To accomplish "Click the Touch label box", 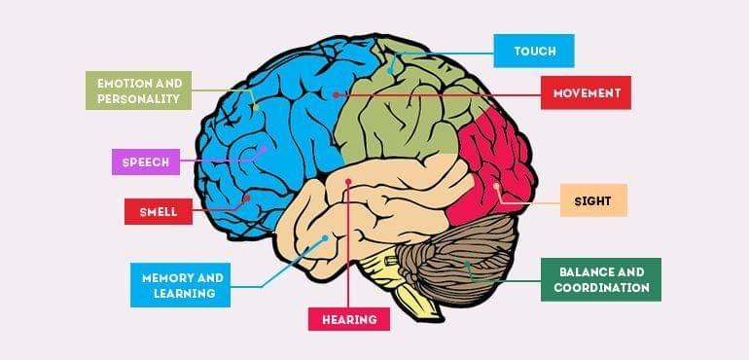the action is [x=533, y=51].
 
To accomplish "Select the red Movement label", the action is [x=587, y=93].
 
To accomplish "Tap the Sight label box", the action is [x=593, y=199].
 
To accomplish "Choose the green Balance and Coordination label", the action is [x=601, y=279].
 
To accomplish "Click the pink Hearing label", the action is [x=349, y=318].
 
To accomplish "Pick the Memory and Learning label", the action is [x=181, y=285].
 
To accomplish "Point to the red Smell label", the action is [x=158, y=211].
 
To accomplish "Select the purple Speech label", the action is [x=146, y=162].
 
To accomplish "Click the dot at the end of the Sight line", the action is [x=496, y=186].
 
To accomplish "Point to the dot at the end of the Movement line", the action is [x=336, y=94].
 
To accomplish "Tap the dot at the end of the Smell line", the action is [x=247, y=198].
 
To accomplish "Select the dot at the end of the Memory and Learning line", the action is [x=325, y=237].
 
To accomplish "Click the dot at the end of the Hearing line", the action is [x=348, y=181].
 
